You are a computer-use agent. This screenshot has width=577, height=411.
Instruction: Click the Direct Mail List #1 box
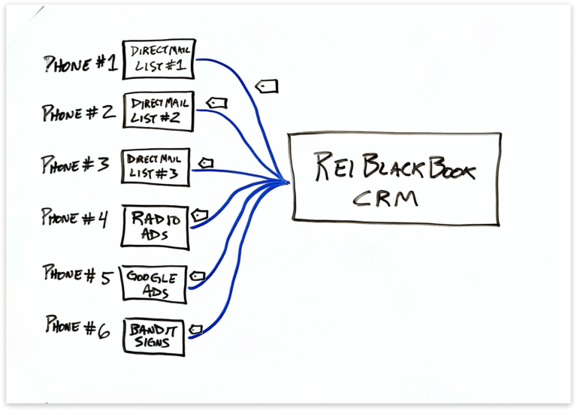tap(159, 59)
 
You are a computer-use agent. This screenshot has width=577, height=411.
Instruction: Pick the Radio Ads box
tap(155, 227)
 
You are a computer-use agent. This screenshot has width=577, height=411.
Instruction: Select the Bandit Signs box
tap(153, 336)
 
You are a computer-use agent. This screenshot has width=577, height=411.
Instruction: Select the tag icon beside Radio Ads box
tap(199, 216)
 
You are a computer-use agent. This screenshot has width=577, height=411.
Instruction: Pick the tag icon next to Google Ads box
tap(198, 275)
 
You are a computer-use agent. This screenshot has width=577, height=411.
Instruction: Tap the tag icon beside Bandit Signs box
tap(196, 328)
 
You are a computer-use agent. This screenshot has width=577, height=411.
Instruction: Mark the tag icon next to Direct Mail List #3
tap(205, 162)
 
